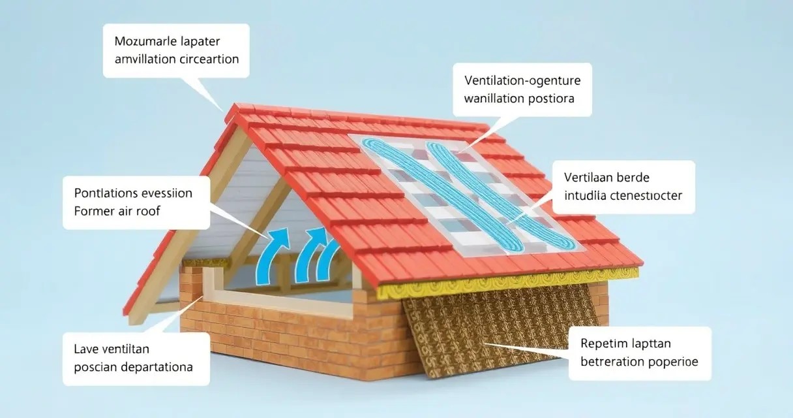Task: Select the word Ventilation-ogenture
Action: [522, 81]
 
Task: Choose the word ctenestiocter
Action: [646, 195]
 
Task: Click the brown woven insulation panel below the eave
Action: [496, 327]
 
